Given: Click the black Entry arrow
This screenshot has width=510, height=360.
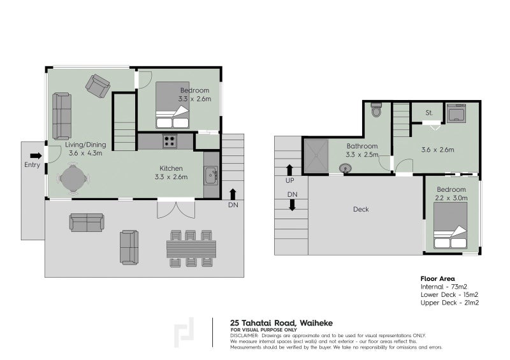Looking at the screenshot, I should click(36, 155).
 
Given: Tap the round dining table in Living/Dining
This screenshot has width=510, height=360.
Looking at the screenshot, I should click(72, 178).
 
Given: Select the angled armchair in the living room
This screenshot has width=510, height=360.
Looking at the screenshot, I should click(99, 86).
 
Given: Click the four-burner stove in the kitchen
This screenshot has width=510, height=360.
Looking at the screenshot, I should click(170, 141).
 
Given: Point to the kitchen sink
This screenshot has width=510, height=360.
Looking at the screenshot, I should click(212, 173).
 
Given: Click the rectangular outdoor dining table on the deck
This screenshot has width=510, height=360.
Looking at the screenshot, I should click(192, 248).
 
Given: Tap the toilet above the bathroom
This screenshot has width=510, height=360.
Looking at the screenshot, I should click(376, 110).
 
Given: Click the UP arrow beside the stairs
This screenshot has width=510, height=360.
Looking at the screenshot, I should click(290, 169).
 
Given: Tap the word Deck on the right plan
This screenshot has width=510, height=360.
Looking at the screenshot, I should click(360, 209).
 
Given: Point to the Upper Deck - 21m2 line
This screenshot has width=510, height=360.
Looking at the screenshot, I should click(449, 303).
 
